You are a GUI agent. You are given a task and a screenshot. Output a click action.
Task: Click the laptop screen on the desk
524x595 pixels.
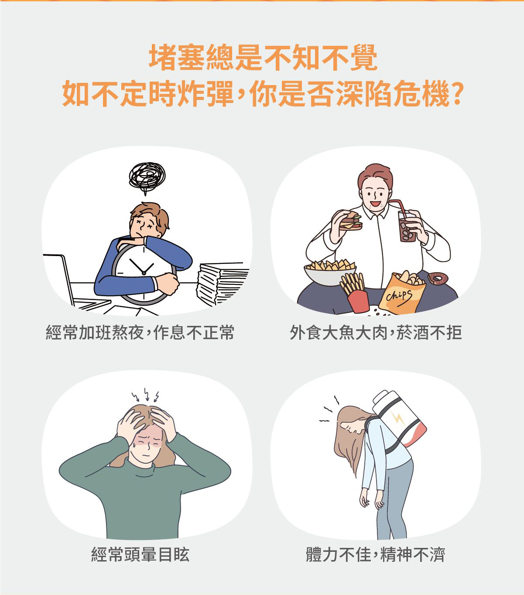(59, 279)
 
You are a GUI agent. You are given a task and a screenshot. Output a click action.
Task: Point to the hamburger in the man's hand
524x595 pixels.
(349, 220)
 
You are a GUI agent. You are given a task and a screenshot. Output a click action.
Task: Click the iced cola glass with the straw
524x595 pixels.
(407, 226)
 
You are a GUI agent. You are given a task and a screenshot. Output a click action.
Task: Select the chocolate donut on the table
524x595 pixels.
(438, 278)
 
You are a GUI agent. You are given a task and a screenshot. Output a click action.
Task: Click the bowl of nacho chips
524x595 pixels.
(330, 272)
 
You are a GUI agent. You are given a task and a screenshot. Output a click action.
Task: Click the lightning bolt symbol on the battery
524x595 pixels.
(398, 418)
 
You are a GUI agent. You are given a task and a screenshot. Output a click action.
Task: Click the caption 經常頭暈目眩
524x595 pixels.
(140, 555)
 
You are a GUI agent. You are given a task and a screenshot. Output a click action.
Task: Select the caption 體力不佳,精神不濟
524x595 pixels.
(375, 555)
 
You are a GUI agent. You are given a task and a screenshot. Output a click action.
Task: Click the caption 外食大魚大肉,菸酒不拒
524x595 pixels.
(376, 333)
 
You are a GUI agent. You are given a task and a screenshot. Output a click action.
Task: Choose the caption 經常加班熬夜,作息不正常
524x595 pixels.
(140, 333)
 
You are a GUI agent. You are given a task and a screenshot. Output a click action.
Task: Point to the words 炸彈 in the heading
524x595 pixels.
(205, 94)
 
